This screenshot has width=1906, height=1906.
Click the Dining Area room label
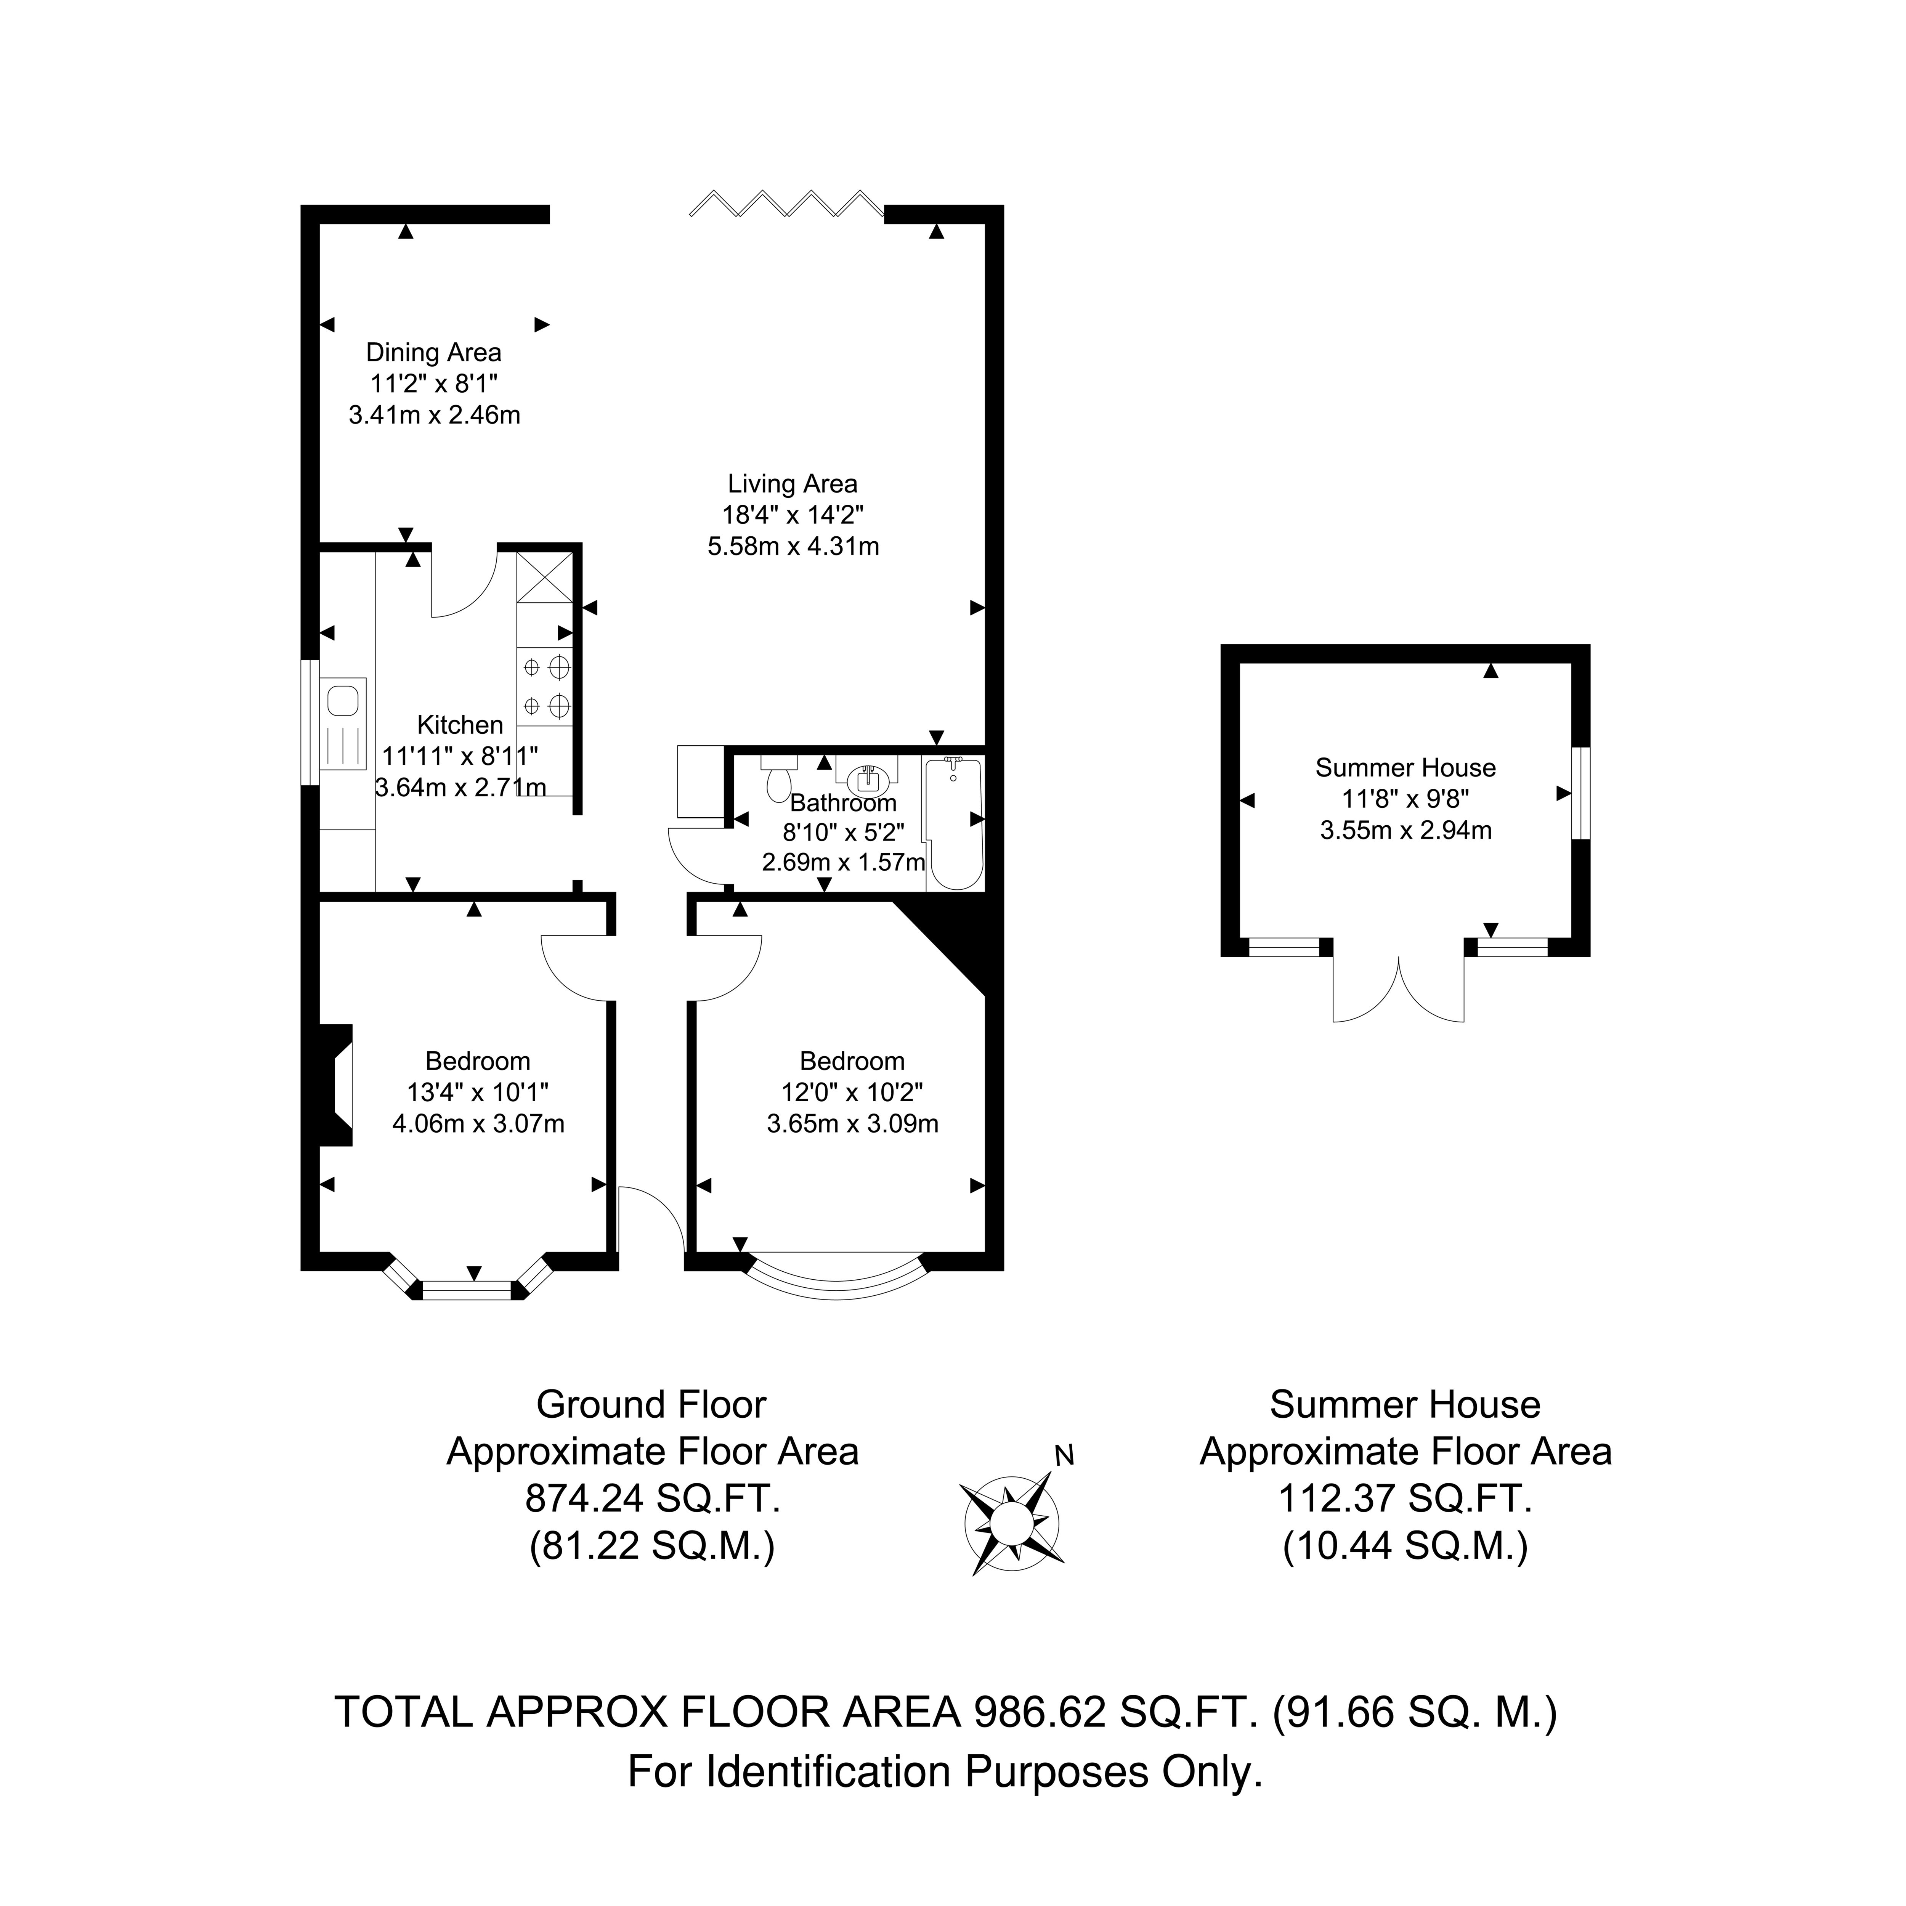coord(434,352)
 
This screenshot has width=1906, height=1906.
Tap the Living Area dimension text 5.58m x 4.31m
coord(793,545)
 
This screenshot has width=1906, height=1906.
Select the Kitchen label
coord(460,725)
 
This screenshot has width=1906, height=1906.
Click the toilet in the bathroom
coord(778,780)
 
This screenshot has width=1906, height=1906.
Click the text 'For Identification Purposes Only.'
coord(945,1772)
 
